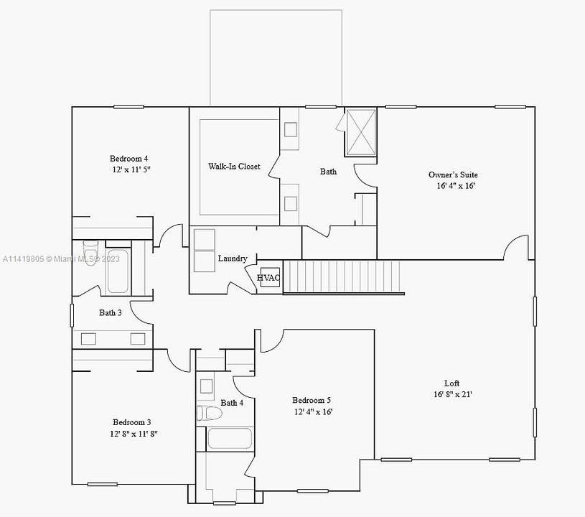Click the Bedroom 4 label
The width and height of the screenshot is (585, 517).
(128, 159)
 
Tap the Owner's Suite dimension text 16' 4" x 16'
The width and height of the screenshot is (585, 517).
(456, 186)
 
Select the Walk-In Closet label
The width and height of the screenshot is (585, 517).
(234, 166)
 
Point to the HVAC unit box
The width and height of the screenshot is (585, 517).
(270, 277)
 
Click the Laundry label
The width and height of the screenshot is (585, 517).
(233, 258)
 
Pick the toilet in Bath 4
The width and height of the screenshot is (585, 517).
(209, 413)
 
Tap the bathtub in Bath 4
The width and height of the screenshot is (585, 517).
(230, 438)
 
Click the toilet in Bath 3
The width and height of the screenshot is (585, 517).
(90, 252)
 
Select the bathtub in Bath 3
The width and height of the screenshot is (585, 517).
(118, 271)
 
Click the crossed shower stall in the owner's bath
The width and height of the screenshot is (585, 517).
(360, 132)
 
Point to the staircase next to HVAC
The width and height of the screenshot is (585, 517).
(342, 277)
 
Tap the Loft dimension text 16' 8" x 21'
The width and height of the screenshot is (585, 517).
(452, 394)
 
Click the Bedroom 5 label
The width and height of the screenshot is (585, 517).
(311, 400)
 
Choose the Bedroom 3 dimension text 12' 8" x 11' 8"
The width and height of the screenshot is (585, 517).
(134, 434)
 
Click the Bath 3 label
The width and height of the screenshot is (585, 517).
(110, 312)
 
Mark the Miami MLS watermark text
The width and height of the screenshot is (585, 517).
(61, 258)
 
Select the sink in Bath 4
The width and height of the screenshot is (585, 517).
(206, 386)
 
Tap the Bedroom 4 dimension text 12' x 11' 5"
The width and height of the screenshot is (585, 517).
(131, 169)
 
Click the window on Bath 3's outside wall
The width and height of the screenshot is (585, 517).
(72, 315)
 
